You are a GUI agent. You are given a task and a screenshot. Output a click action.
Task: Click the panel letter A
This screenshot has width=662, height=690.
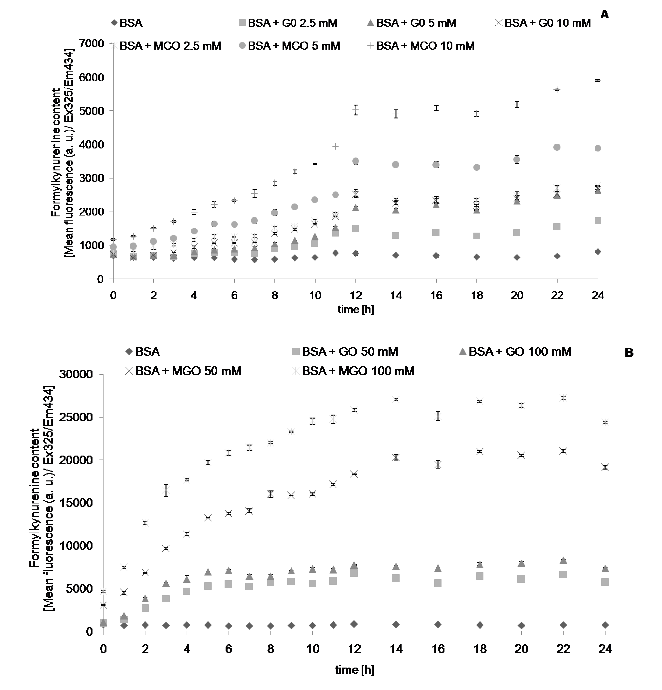pos(604,15)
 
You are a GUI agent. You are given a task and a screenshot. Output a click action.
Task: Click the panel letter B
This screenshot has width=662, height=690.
pos(629,353)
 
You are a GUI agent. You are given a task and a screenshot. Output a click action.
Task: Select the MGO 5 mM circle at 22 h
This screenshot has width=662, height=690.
pos(557,147)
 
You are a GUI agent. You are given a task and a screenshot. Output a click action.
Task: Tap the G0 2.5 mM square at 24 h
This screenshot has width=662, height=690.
pos(598,221)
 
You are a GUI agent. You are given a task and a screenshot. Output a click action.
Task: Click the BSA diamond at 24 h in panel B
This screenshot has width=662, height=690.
pos(605,625)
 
